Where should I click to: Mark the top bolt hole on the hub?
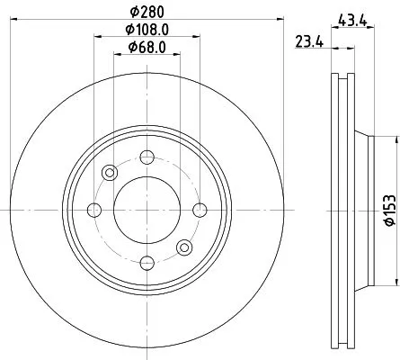[x=144, y=157]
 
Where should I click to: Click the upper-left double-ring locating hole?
[x=110, y=172]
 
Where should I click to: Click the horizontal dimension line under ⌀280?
[x=144, y=22]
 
